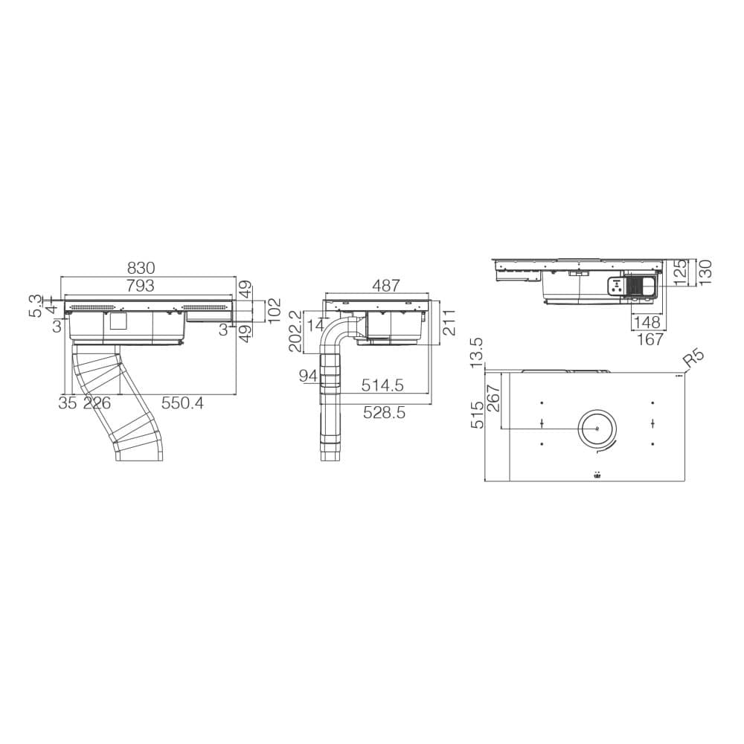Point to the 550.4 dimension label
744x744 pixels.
pos(183,403)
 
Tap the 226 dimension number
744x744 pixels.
pos(97,403)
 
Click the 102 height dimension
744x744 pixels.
pos(273,309)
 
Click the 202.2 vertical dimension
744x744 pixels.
pos(295,333)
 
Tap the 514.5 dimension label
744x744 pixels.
pos(382,385)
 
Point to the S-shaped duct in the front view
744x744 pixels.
pos(119,402)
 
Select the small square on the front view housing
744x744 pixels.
pos(118,321)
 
